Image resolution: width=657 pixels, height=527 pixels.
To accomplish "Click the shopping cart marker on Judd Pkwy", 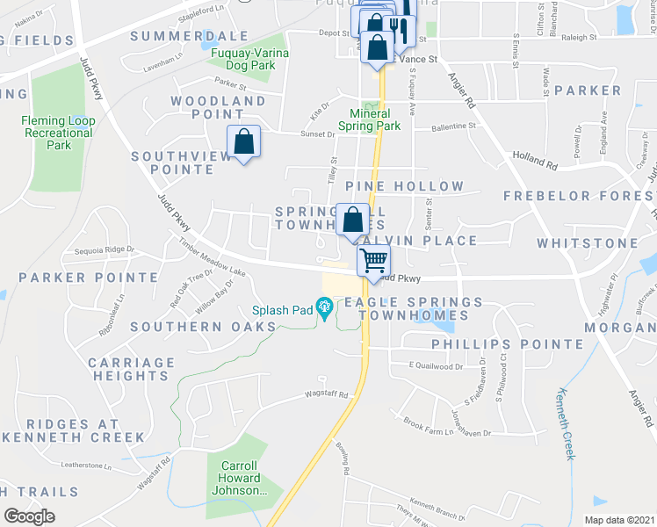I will coord(374,261).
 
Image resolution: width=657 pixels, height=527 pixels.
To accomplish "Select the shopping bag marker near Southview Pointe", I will coord(243,141).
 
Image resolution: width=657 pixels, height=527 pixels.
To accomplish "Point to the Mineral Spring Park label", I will coord(375,119).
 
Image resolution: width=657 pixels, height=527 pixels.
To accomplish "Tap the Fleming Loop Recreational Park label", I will coord(58,133).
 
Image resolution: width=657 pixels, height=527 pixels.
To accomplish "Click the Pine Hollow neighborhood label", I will coord(404,186).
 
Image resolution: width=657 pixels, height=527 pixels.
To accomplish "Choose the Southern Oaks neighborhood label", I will coord(203,327).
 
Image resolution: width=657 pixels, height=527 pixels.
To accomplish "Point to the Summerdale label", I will coord(190,36).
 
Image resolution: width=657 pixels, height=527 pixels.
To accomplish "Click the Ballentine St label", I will coord(453,126).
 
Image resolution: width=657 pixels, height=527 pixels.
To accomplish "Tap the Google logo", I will coord(30,516).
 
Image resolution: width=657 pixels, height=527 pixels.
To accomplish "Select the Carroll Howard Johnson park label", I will coord(239,479).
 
